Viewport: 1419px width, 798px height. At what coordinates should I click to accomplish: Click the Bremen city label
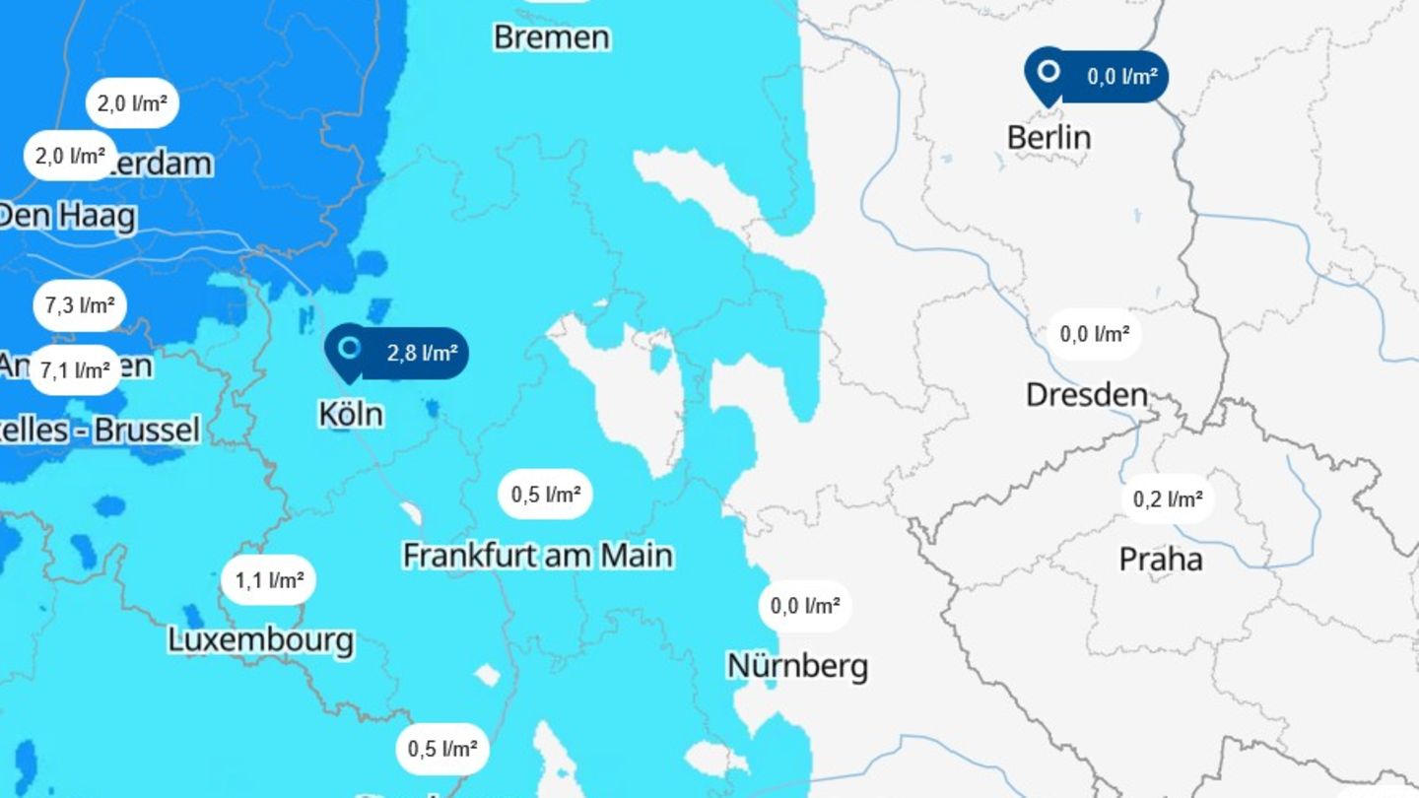click(552, 37)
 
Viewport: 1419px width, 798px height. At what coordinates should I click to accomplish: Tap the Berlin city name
click(1048, 137)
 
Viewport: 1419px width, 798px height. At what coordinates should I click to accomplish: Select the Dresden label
click(1086, 395)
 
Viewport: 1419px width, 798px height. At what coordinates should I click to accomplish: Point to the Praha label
click(1160, 560)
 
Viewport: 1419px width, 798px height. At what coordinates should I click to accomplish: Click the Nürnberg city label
click(797, 666)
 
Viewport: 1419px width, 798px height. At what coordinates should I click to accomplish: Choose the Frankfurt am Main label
click(538, 555)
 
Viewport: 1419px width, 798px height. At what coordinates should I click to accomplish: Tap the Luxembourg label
click(260, 639)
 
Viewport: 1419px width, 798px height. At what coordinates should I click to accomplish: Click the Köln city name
click(351, 414)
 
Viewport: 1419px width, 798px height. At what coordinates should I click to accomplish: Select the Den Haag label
click(67, 216)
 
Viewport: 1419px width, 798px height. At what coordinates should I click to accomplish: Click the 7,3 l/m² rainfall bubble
click(80, 305)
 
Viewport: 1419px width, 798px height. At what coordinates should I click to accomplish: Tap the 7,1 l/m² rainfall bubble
click(75, 370)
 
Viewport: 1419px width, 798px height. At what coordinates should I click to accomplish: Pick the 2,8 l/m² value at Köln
click(421, 354)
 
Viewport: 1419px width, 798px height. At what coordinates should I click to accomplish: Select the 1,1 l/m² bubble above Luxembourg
click(269, 580)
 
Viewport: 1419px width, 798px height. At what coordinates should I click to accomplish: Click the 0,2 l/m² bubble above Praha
click(1168, 499)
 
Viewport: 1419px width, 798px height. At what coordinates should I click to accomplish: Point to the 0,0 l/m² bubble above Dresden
click(1094, 334)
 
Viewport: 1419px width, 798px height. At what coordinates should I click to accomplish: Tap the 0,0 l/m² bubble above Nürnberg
click(805, 606)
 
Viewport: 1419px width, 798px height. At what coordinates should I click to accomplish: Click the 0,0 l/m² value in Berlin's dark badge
click(1121, 76)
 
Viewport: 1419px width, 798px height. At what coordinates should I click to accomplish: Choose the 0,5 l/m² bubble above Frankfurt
click(546, 495)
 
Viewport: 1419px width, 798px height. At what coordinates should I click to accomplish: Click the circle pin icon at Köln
click(348, 348)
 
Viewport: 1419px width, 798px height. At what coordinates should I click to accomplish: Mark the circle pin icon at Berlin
click(1049, 71)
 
